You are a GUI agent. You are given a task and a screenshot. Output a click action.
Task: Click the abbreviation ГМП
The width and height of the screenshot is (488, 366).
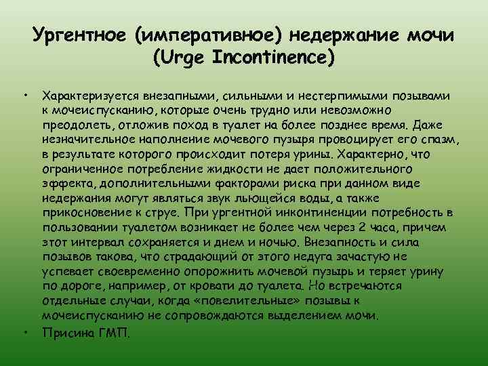[115, 333]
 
